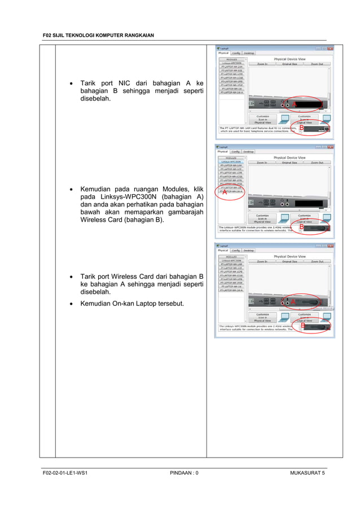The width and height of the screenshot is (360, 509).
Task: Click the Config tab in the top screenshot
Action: pyautogui.click(x=235, y=53)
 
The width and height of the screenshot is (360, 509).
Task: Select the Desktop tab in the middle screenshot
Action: pyautogui.click(x=249, y=151)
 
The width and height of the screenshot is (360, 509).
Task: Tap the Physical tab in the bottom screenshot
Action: pyautogui.click(x=223, y=251)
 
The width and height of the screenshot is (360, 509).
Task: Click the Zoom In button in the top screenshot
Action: pyautogui.click(x=262, y=64)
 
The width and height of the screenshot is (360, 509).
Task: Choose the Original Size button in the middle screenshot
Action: pyautogui.click(x=290, y=163)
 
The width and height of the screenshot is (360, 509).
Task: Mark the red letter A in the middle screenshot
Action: pyautogui.click(x=225, y=192)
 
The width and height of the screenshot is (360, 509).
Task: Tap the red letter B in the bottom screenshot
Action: pyautogui.click(x=302, y=326)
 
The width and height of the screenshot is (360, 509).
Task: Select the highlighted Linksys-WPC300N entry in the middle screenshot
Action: pyautogui.click(x=231, y=162)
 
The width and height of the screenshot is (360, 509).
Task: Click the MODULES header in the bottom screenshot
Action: pyautogui.click(x=231, y=257)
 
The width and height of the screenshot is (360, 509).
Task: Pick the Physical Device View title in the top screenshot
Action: pyautogui.click(x=289, y=59)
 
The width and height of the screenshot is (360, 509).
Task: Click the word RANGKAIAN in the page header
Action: pyautogui.click(x=136, y=36)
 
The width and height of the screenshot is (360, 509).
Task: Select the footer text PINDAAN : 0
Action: pyautogui.click(x=184, y=472)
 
